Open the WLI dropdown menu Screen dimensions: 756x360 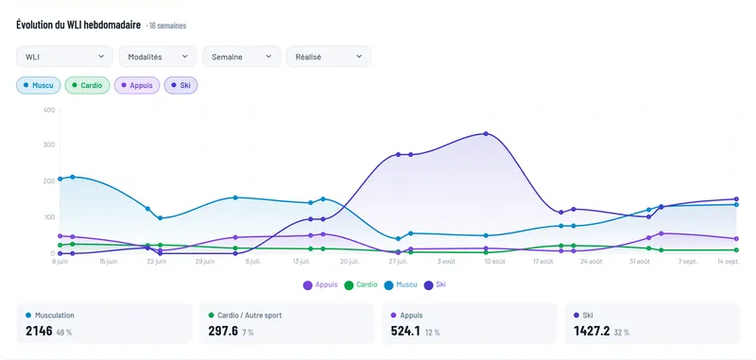click(64, 57)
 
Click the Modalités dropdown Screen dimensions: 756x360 click(158, 57)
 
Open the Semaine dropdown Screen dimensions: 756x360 click(242, 57)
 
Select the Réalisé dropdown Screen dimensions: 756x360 click(328, 57)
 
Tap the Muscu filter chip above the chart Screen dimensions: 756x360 click(39, 85)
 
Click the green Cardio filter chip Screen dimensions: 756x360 click(87, 85)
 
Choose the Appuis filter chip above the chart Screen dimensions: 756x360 click(137, 85)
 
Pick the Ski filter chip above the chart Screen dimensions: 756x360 click(180, 85)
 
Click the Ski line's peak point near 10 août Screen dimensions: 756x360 click(486, 133)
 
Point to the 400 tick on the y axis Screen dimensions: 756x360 click(49, 110)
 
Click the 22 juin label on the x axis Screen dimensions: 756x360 click(157, 262)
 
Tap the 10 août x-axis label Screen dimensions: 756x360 click(494, 262)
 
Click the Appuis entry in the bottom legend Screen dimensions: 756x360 click(320, 284)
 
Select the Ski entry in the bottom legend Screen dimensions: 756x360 click(435, 284)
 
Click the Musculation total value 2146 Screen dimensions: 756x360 click(39, 331)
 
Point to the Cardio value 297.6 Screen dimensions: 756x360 click(223, 331)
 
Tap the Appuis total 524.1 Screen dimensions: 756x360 click(405, 331)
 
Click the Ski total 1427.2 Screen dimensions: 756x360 click(592, 331)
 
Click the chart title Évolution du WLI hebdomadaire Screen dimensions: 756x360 click(78, 25)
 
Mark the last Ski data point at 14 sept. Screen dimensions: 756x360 click(736, 199)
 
